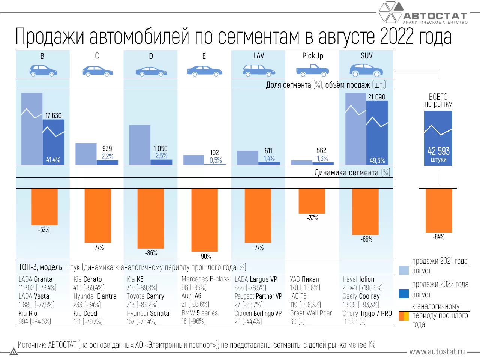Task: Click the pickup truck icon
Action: click(x=312, y=70)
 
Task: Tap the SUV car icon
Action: click(x=366, y=70)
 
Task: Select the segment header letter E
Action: click(x=204, y=56)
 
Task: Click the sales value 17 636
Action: click(x=53, y=115)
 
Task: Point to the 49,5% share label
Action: click(x=377, y=160)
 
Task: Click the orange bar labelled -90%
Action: click(x=205, y=220)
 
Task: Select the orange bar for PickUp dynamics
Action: click(x=312, y=201)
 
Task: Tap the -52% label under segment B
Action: click(x=44, y=230)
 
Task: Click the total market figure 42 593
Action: click(x=438, y=151)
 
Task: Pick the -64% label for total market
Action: click(x=438, y=237)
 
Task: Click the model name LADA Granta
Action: click(x=36, y=279)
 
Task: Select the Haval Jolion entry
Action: click(x=358, y=279)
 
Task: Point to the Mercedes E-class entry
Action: click(x=205, y=279)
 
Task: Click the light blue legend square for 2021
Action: click(x=404, y=270)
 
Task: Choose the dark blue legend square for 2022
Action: click(x=404, y=293)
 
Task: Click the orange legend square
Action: click(x=404, y=316)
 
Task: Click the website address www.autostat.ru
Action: click(x=437, y=352)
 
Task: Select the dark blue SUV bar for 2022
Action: click(x=377, y=131)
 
